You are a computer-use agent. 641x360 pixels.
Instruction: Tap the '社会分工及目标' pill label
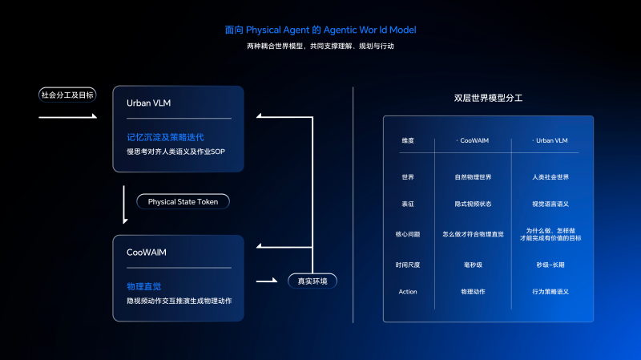[67, 95]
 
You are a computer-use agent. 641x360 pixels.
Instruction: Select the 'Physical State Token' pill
[183, 202]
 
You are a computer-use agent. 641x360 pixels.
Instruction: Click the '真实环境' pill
[312, 281]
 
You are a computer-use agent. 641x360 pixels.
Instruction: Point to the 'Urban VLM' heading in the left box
[148, 103]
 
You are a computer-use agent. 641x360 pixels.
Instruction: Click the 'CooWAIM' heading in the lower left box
[147, 253]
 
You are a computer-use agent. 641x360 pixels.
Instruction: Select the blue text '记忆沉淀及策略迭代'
[165, 137]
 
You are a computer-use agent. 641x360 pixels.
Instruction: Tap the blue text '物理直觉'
[144, 287]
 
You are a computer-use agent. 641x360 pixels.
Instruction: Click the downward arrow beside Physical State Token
[124, 204]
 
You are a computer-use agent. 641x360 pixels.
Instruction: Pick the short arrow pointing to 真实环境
[267, 281]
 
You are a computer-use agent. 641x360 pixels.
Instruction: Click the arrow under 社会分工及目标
[68, 116]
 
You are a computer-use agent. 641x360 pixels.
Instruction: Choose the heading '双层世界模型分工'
[488, 98]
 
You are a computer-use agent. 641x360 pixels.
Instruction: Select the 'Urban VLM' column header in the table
[551, 141]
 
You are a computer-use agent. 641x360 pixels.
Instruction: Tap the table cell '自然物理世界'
[473, 177]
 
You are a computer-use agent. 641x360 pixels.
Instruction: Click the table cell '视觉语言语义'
[550, 204]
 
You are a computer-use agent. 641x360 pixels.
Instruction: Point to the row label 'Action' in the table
[408, 292]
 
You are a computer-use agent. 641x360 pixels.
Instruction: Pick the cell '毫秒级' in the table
[473, 265]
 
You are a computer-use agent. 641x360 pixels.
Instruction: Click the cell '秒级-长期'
[550, 265]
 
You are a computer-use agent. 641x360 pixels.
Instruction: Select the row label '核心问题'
[408, 234]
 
